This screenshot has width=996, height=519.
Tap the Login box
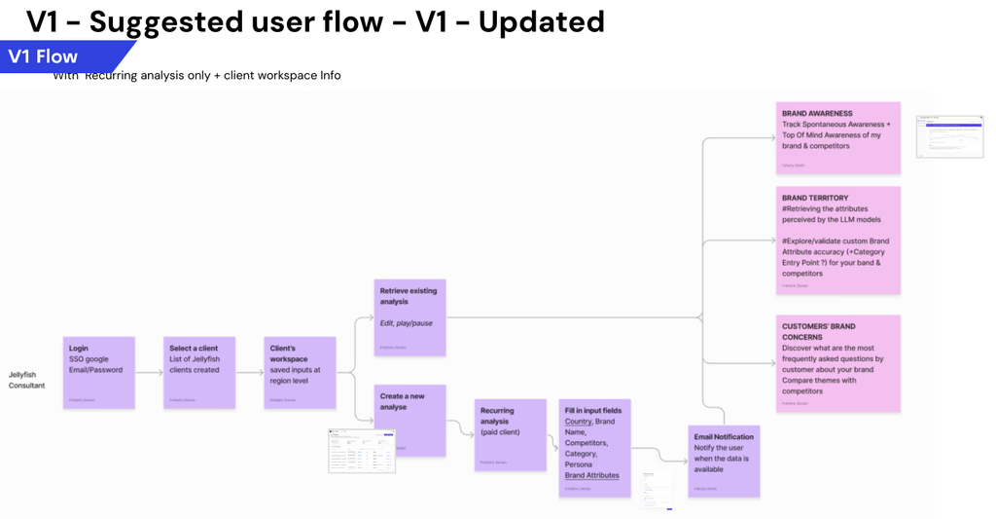[98, 373]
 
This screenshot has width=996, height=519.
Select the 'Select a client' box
[199, 373]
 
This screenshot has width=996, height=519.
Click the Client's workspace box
[301, 373]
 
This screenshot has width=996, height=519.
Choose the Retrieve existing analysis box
[410, 317]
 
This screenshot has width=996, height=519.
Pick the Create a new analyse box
[410, 421]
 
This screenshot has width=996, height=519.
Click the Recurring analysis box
[511, 434]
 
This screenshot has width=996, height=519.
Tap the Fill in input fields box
[595, 448]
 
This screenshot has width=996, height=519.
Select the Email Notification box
[724, 461]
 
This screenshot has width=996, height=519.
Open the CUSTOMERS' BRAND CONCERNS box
[838, 362]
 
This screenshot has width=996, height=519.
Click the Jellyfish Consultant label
[27, 380]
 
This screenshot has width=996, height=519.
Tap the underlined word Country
[578, 422]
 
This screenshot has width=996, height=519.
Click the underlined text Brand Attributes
[591, 475]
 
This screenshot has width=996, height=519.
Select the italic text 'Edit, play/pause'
[407, 323]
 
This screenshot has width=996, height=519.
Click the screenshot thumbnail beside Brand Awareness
[950, 136]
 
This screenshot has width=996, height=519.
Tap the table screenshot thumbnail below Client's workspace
[363, 451]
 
